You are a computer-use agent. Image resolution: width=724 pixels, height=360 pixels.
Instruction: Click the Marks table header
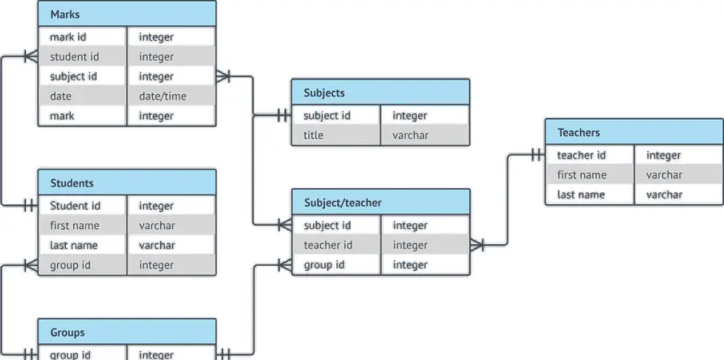(127, 14)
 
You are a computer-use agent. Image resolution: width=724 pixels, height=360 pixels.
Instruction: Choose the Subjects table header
(380, 93)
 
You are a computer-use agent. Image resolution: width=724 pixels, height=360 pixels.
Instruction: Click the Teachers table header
(633, 133)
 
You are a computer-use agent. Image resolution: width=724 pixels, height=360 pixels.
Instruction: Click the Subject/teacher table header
(380, 203)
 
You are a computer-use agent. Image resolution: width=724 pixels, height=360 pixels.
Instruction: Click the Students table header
(127, 183)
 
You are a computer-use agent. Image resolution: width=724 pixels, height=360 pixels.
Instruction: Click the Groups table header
(127, 332)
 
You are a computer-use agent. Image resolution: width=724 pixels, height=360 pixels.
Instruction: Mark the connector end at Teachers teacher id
(536, 155)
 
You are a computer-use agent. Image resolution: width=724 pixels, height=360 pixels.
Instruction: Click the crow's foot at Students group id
(30, 265)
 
